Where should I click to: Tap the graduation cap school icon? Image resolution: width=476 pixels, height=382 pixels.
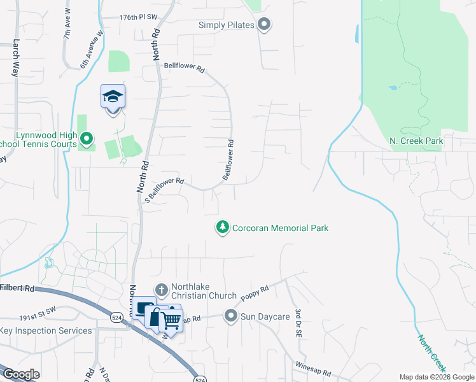(x=113, y=97)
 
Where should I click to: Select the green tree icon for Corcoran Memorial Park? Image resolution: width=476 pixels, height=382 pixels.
(x=222, y=227)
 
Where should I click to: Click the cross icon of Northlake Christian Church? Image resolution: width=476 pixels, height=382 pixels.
(x=162, y=290)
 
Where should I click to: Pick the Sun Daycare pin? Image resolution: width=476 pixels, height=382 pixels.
(x=230, y=315)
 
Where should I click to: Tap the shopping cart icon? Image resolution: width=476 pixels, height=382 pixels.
(x=171, y=320)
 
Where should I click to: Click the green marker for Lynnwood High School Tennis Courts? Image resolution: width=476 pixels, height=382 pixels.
(x=87, y=137)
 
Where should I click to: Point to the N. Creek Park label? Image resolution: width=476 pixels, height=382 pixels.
(x=416, y=140)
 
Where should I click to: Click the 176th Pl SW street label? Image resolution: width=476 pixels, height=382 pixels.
(x=138, y=18)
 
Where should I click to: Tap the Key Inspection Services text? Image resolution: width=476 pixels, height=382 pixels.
(x=46, y=330)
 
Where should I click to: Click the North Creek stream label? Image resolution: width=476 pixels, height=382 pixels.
(x=433, y=355)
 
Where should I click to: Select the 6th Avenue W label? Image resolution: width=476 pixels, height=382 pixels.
(x=92, y=51)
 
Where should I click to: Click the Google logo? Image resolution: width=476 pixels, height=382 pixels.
(x=21, y=374)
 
